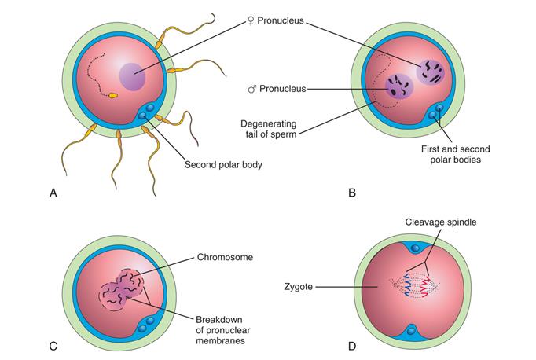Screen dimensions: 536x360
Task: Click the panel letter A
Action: point(53,193)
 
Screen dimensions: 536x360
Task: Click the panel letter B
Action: point(352,193)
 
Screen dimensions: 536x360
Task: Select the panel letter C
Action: point(53,347)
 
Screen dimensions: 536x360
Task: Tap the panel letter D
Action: point(352,347)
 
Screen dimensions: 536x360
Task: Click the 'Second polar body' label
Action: point(223,165)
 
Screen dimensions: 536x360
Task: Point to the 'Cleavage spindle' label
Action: point(441,222)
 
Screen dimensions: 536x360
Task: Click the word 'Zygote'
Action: point(298,286)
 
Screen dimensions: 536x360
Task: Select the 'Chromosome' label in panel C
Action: point(225,257)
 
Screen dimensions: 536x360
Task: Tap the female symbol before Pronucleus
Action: point(251,21)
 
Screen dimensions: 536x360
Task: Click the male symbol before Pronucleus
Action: point(252,90)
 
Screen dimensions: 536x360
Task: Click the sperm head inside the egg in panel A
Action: point(113,96)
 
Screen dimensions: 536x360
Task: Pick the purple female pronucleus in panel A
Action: point(132,77)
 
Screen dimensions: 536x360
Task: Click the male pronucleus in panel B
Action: point(399,86)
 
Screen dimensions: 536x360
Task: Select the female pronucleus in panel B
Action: point(431,72)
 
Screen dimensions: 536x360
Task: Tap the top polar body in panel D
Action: point(415,248)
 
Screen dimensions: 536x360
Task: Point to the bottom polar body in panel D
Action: point(412,330)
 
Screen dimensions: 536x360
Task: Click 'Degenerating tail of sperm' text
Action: point(269,129)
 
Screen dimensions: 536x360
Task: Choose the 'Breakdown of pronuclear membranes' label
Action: point(223,330)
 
